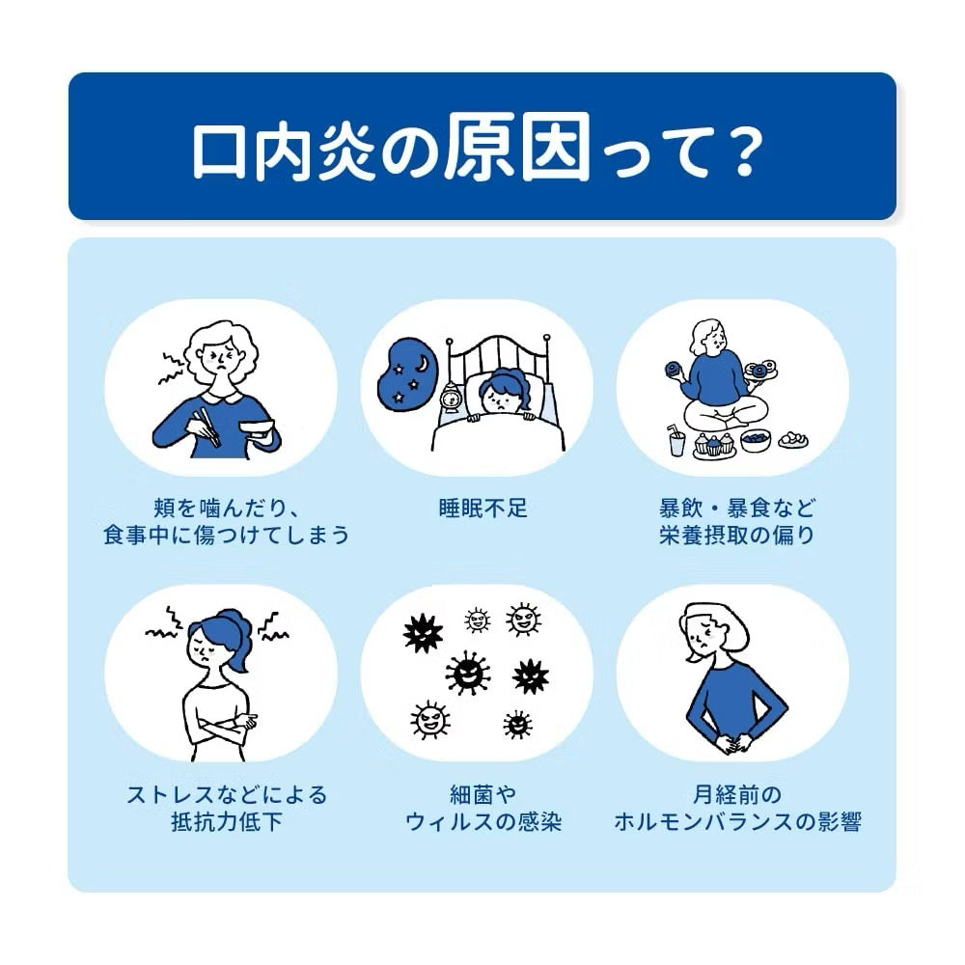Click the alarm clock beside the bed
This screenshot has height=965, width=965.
point(450,397)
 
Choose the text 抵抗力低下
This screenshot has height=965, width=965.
point(227,823)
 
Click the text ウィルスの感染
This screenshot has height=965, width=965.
point(482,823)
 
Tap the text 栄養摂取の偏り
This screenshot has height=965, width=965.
point(737,535)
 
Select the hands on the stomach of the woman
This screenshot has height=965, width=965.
point(729,744)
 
